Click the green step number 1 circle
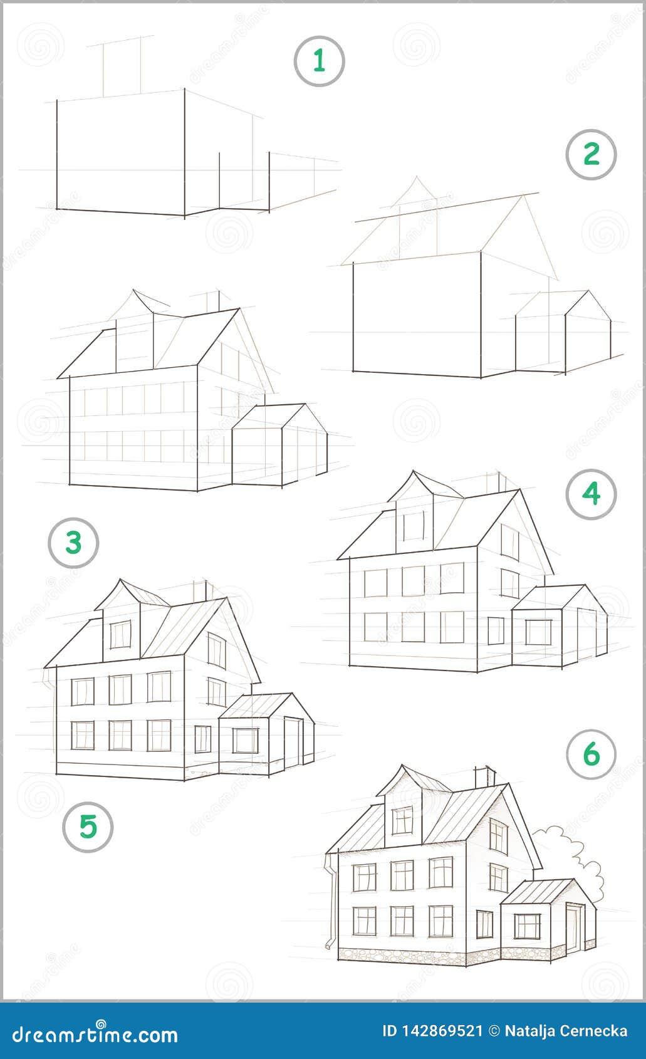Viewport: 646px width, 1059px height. tap(319, 61)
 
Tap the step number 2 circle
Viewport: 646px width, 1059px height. tap(591, 155)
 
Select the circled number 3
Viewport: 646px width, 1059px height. tap(73, 543)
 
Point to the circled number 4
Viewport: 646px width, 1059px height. tap(591, 494)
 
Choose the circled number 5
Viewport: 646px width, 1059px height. tap(88, 827)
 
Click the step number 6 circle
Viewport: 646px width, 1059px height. tap(591, 754)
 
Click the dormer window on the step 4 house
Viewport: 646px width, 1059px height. tap(414, 525)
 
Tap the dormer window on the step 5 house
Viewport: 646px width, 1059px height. tap(120, 634)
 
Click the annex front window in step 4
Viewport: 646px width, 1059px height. tap(538, 632)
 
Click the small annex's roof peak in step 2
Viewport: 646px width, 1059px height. tap(587, 291)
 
